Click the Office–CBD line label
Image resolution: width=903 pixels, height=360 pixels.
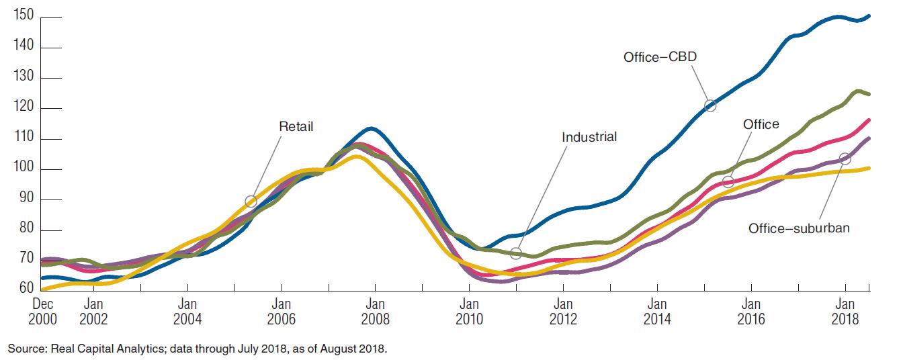point(660,57)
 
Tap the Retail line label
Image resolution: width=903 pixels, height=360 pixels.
point(296,126)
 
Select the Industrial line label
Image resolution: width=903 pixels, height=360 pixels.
point(589,137)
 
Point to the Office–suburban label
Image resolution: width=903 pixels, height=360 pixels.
point(799,228)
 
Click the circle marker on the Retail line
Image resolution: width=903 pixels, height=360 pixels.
point(251,201)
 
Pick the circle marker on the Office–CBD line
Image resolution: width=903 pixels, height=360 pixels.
point(710,105)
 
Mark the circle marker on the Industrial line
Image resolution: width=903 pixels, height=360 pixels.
point(515,253)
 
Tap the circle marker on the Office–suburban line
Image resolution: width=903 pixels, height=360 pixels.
point(845,159)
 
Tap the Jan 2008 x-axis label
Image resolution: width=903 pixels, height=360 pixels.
point(375,311)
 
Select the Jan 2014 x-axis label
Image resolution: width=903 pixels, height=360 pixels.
point(657,311)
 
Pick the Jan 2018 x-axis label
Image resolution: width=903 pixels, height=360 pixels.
point(845,311)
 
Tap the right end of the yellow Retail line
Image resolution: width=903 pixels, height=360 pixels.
point(869,168)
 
